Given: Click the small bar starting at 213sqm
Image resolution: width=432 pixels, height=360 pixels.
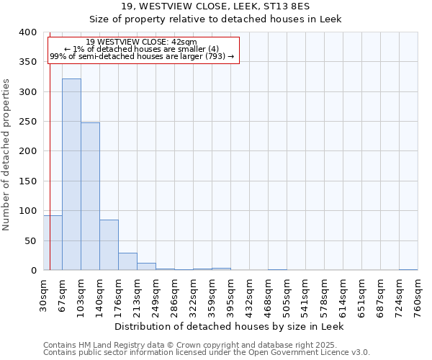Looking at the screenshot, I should (x=146, y=266).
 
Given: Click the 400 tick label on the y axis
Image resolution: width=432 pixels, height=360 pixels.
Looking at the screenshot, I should (x=27, y=33).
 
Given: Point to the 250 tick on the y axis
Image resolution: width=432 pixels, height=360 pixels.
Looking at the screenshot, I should (x=27, y=122).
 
